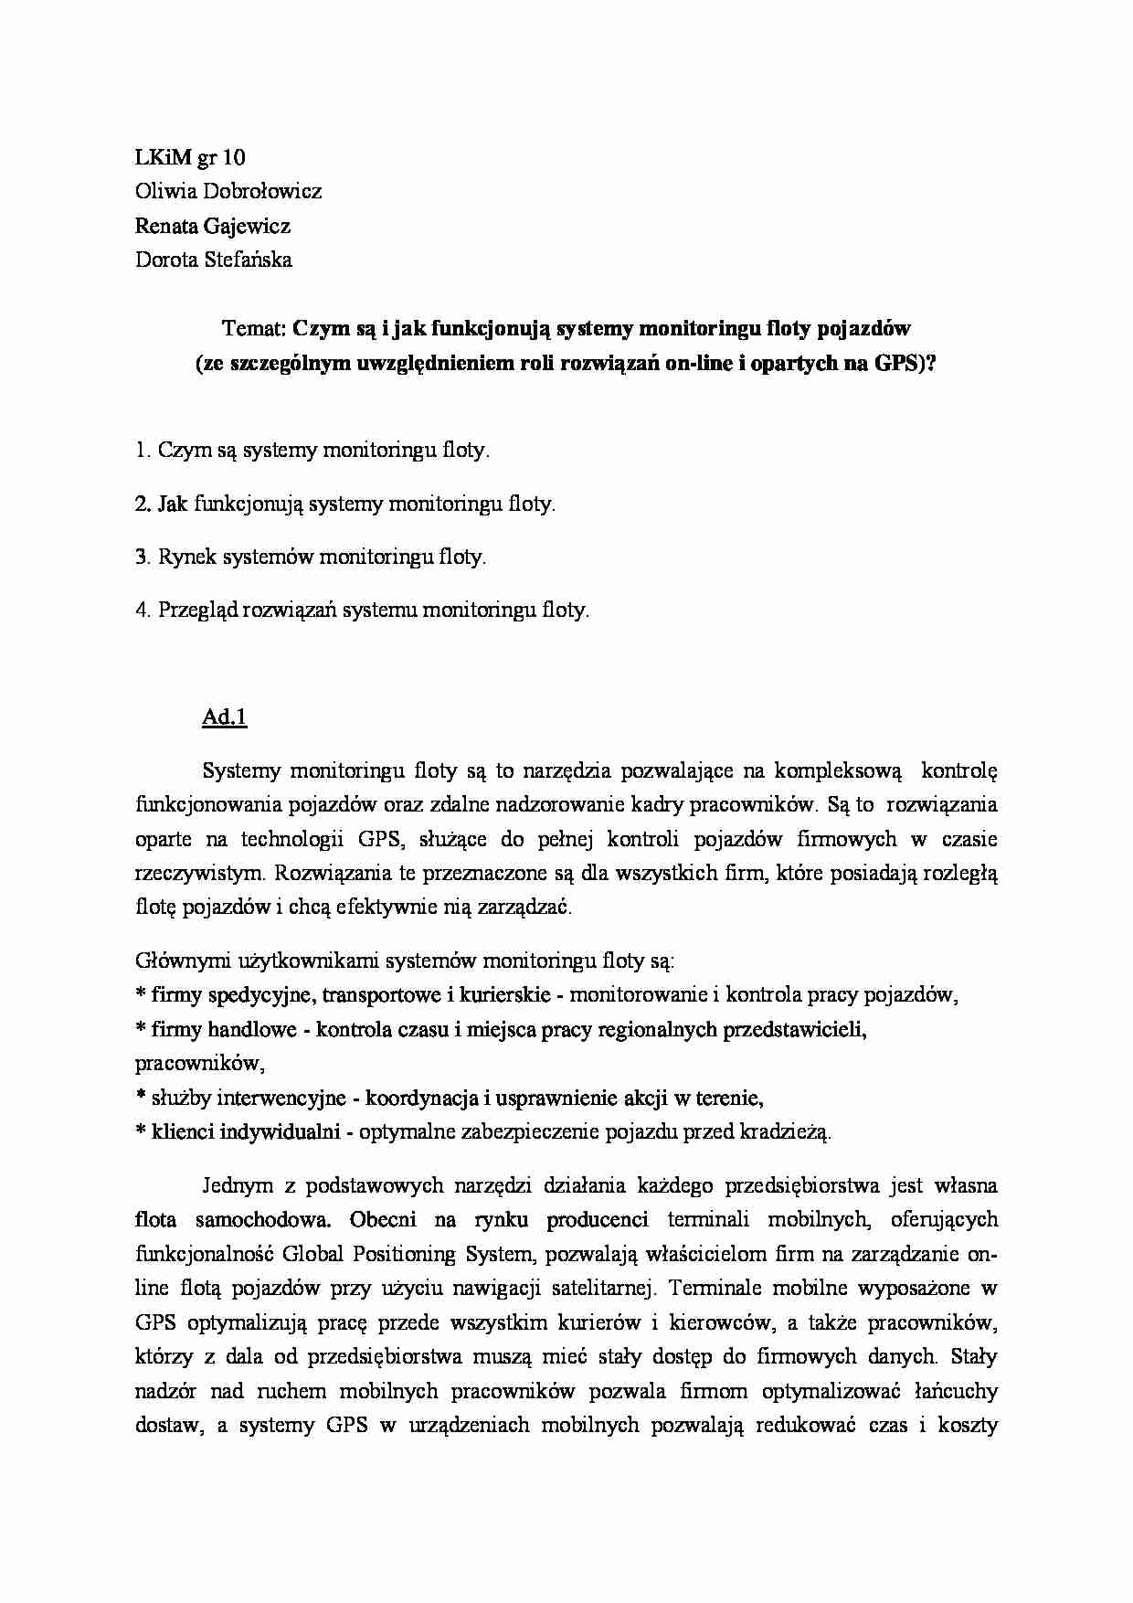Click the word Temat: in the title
coord(254,328)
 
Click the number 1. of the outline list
coord(142,450)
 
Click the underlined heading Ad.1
coord(224,717)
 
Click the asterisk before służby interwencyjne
coord(141,1098)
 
